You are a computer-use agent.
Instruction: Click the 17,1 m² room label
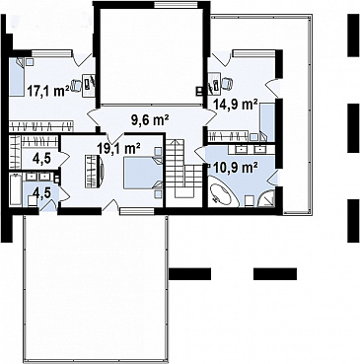[x=48, y=91]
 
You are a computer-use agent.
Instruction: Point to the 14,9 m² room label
[x=236, y=105]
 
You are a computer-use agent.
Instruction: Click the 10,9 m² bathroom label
[x=236, y=169]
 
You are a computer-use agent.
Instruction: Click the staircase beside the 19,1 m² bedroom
[x=181, y=169]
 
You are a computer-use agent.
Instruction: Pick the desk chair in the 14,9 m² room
[x=226, y=83]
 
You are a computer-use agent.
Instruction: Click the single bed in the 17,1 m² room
[x=17, y=77]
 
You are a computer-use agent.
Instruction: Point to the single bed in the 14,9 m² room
[x=267, y=121]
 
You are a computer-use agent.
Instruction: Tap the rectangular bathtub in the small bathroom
[x=16, y=190]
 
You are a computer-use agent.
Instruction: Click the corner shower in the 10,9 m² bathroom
[x=265, y=198]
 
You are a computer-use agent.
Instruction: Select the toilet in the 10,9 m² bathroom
[x=249, y=200]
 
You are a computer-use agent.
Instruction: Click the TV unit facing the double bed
[x=95, y=172]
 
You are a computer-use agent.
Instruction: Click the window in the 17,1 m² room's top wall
[x=51, y=52]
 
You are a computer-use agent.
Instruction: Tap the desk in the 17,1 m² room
[x=89, y=85]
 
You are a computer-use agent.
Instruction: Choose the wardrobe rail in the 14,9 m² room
[x=228, y=136]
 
